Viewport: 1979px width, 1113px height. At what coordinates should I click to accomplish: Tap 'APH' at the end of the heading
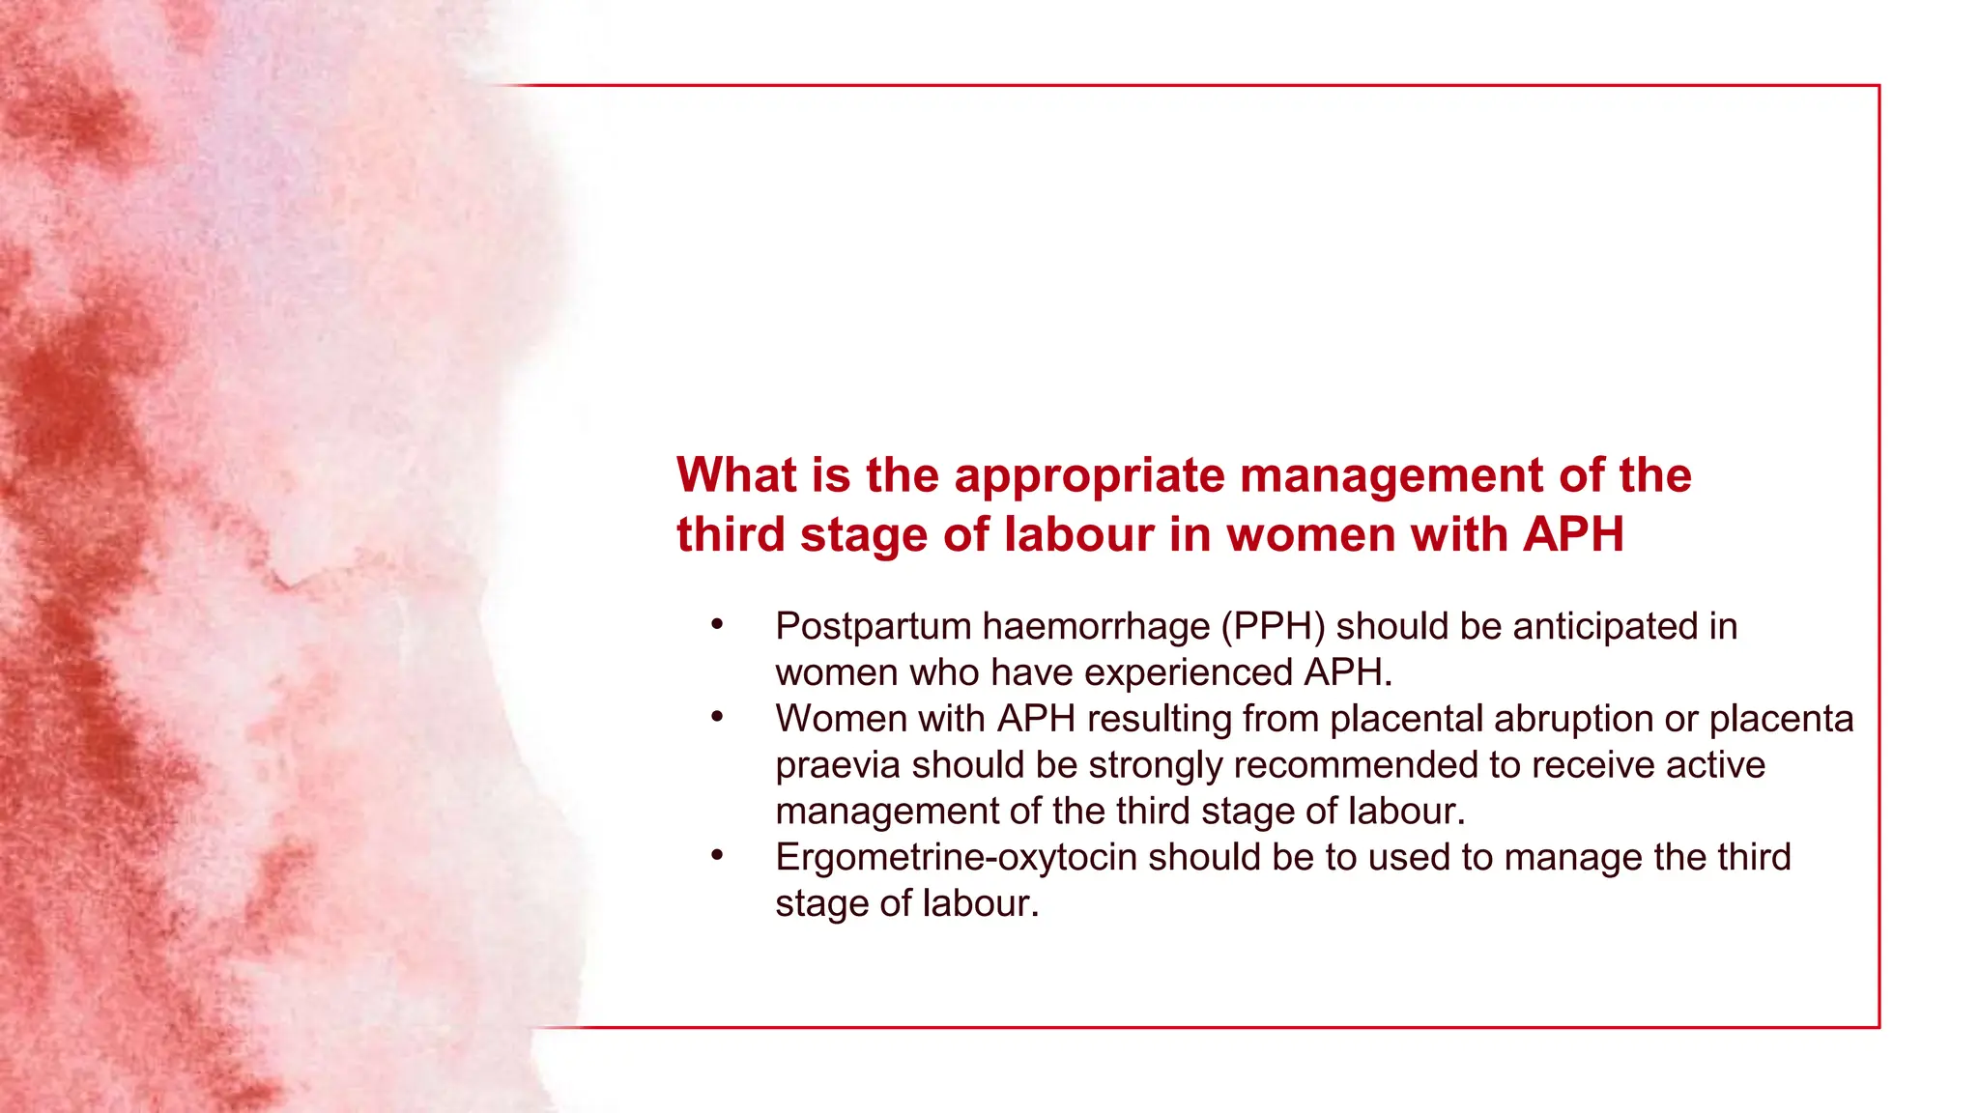pos(1573,535)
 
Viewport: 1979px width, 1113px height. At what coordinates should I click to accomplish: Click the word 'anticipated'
pos(1605,627)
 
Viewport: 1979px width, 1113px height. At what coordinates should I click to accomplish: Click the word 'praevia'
pos(838,766)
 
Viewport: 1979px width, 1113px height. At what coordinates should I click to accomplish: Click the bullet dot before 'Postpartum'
pos(717,625)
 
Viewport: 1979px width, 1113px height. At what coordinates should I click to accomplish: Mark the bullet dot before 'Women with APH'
pos(717,718)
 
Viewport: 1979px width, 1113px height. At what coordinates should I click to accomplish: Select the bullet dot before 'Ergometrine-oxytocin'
pos(717,856)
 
